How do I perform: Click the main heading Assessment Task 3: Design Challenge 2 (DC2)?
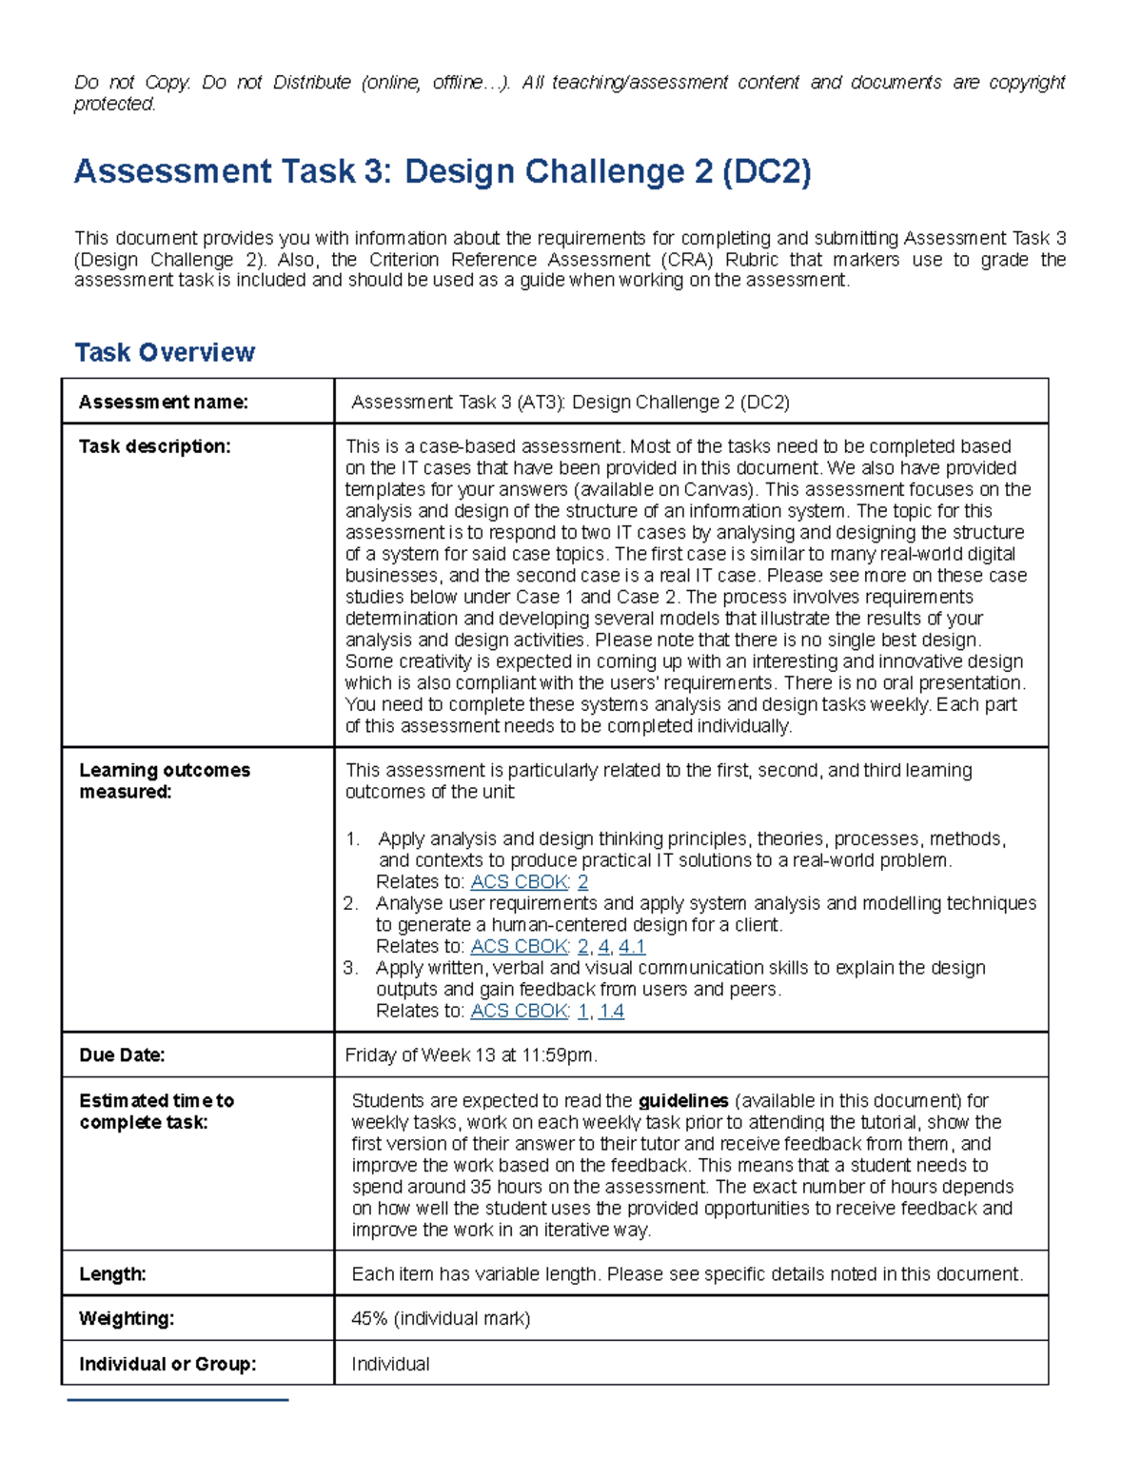[x=443, y=172]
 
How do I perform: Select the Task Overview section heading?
[x=165, y=353]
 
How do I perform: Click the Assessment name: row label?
[x=163, y=403]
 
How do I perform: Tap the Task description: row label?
[x=154, y=446]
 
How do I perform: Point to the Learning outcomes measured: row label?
[x=164, y=781]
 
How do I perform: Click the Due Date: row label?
[x=122, y=1055]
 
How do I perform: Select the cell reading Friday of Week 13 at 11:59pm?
[x=471, y=1055]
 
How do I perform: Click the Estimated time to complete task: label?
[x=156, y=1112]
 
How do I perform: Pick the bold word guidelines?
[x=683, y=1101]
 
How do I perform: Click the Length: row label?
[x=112, y=1274]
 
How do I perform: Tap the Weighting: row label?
[x=127, y=1319]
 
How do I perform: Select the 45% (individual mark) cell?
[x=441, y=1319]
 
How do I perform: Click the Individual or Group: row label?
[x=167, y=1365]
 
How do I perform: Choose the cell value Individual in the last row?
[x=390, y=1365]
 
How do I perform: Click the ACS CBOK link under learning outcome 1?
[x=520, y=882]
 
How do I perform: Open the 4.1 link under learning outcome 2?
[x=632, y=947]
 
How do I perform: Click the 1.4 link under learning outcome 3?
[x=611, y=1012]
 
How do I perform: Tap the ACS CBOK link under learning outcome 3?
[x=520, y=1012]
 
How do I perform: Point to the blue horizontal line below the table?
[x=178, y=1400]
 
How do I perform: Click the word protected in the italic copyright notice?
[x=114, y=105]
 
